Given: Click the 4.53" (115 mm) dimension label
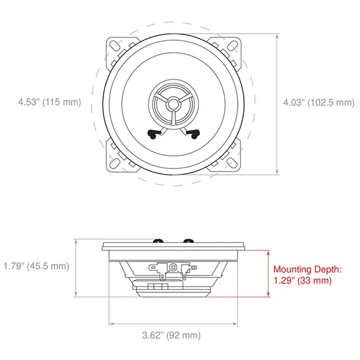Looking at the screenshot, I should [x=49, y=102].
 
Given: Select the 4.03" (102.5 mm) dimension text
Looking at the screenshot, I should [x=318, y=102].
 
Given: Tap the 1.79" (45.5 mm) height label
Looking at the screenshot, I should [x=35, y=266].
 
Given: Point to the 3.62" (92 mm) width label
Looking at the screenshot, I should [x=170, y=335].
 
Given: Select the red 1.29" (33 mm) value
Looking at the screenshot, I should [x=302, y=280].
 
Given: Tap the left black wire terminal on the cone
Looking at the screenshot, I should [x=153, y=134].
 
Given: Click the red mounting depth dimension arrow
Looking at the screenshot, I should [x=268, y=274].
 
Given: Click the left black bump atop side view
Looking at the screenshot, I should [x=157, y=240].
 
